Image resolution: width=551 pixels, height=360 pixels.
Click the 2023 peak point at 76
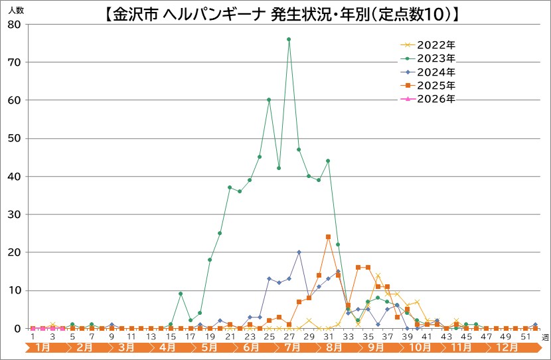click(x=289, y=39)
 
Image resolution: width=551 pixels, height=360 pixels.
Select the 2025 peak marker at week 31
click(x=328, y=236)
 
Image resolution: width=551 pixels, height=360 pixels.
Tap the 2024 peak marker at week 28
click(x=299, y=252)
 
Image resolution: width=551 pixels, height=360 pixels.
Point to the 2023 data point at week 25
click(x=269, y=100)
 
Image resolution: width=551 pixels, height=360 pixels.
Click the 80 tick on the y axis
click(x=15, y=24)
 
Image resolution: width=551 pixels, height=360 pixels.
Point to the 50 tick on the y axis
click(x=15, y=138)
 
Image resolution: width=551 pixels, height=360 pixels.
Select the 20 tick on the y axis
click(x=15, y=252)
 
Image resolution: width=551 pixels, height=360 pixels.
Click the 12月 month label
click(x=508, y=348)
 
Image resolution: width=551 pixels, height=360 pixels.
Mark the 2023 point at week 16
click(x=181, y=294)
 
